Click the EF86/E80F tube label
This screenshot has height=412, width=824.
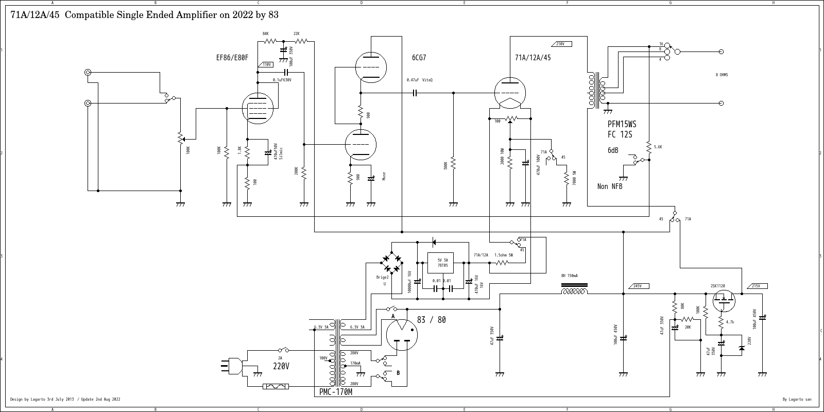tap(232, 58)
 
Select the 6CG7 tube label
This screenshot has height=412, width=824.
tap(419, 58)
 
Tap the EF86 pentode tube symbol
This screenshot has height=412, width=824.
tap(257, 109)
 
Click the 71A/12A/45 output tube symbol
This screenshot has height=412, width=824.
tap(510, 93)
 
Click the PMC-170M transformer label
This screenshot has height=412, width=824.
tap(336, 392)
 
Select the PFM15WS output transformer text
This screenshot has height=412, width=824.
tap(622, 125)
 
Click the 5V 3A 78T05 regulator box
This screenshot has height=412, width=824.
tap(442, 263)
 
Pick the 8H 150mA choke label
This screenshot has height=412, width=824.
tap(569, 276)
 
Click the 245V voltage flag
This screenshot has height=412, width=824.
tap(637, 286)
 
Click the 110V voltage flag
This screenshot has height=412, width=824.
tap(267, 64)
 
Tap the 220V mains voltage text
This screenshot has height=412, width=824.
tap(281, 366)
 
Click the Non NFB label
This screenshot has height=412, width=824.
tap(610, 186)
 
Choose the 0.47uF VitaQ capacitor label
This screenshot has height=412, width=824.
tap(420, 80)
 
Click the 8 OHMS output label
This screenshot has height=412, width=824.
tap(722, 75)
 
